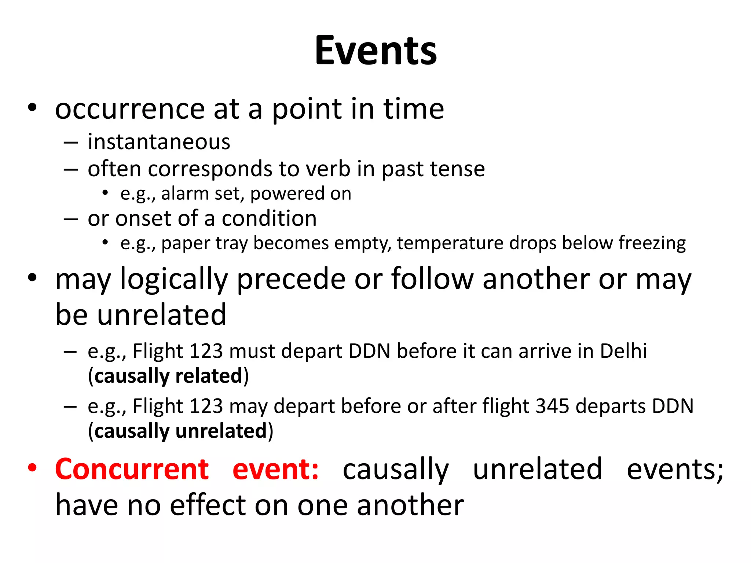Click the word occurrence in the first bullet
coord(130,109)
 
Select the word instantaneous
coord(159,142)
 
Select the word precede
coord(292,279)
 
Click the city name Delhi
coord(623,351)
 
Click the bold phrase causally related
coord(168,376)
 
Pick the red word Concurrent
coord(132,469)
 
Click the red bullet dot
coord(32,468)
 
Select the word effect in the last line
coord(208,505)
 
